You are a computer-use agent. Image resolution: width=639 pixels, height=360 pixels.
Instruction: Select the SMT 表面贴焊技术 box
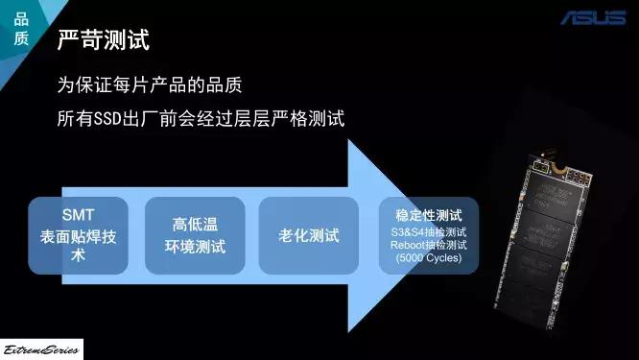(x=80, y=235)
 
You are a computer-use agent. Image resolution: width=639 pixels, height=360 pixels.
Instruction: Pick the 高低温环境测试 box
(x=199, y=235)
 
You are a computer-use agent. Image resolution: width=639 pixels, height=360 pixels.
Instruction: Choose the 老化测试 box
(x=309, y=235)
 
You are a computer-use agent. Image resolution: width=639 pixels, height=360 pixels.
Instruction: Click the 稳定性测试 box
(x=429, y=235)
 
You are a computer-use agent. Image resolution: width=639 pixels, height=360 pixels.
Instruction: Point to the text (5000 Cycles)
(x=429, y=259)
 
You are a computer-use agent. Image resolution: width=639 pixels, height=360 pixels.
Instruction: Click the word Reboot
(x=410, y=246)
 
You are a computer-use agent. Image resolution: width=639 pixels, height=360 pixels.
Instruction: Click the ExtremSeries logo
(x=41, y=348)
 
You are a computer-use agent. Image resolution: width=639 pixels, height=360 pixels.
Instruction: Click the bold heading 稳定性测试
(x=429, y=216)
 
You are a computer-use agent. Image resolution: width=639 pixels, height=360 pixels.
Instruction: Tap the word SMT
(x=79, y=215)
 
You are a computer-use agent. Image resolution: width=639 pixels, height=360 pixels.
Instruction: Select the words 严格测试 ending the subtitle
(x=312, y=120)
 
